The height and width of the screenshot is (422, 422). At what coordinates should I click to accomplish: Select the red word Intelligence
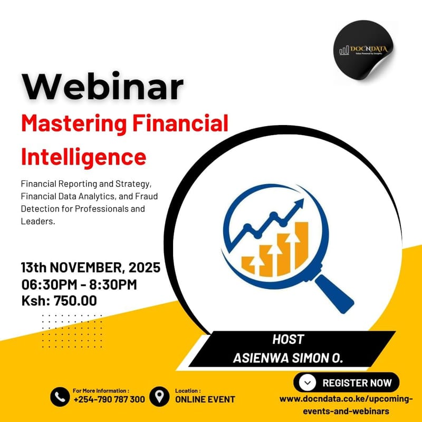(x=83, y=157)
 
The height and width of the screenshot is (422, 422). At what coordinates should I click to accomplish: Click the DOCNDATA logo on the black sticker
(x=364, y=50)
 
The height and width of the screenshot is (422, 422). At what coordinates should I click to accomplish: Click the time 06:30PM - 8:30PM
(x=79, y=284)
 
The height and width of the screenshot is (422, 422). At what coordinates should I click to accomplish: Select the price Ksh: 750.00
(x=59, y=301)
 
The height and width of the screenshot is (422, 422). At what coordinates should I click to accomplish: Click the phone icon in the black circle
(x=60, y=397)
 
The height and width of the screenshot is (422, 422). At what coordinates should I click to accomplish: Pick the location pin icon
(x=159, y=396)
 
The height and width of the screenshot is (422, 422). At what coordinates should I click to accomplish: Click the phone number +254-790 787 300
(x=109, y=399)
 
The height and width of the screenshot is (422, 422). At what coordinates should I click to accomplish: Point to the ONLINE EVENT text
(x=205, y=399)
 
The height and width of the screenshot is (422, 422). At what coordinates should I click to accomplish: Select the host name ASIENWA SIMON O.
(x=288, y=358)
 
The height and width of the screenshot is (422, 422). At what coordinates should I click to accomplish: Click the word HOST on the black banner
(x=288, y=339)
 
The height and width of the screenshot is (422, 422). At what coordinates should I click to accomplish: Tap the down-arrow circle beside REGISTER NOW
(x=308, y=382)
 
